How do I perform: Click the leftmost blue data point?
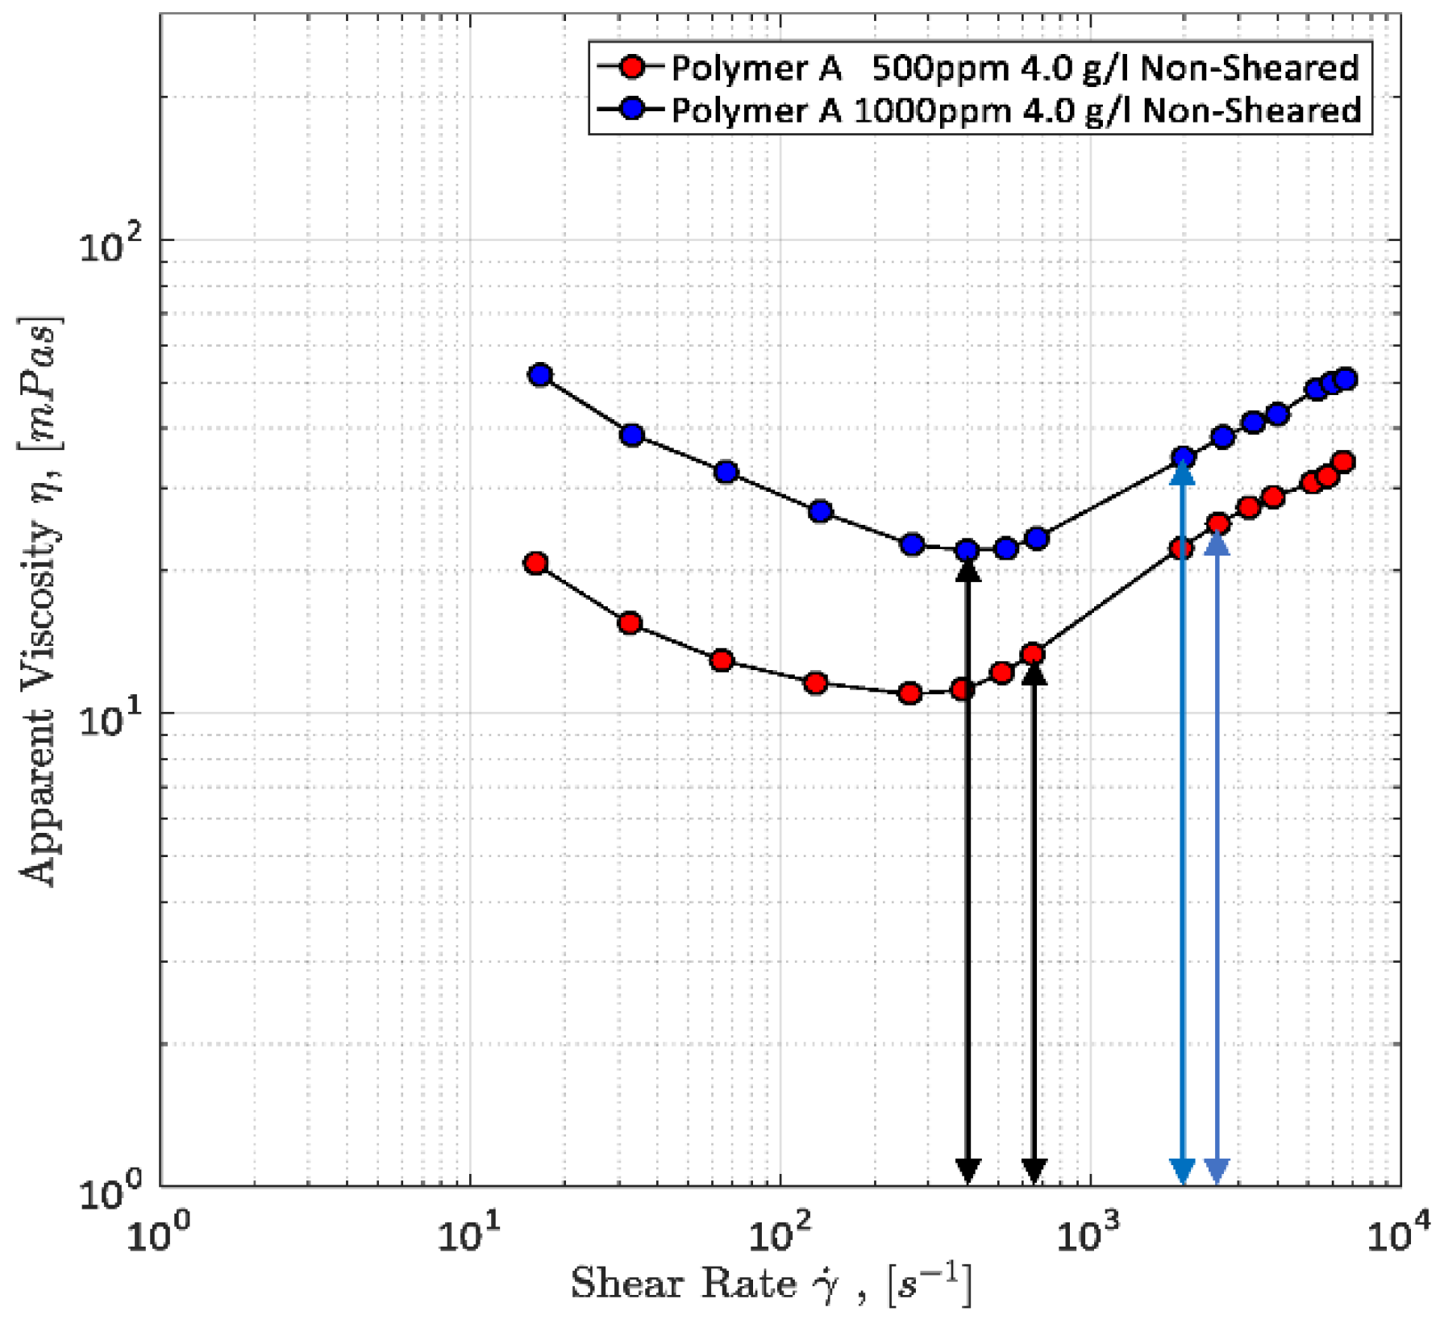540,375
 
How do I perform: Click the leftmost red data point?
536,564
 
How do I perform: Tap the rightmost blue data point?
1345,379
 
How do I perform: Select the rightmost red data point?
1343,462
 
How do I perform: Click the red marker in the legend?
634,67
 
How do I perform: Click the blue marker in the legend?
634,109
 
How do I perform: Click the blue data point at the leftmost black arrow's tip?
967,551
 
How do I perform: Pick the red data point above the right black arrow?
1033,654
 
